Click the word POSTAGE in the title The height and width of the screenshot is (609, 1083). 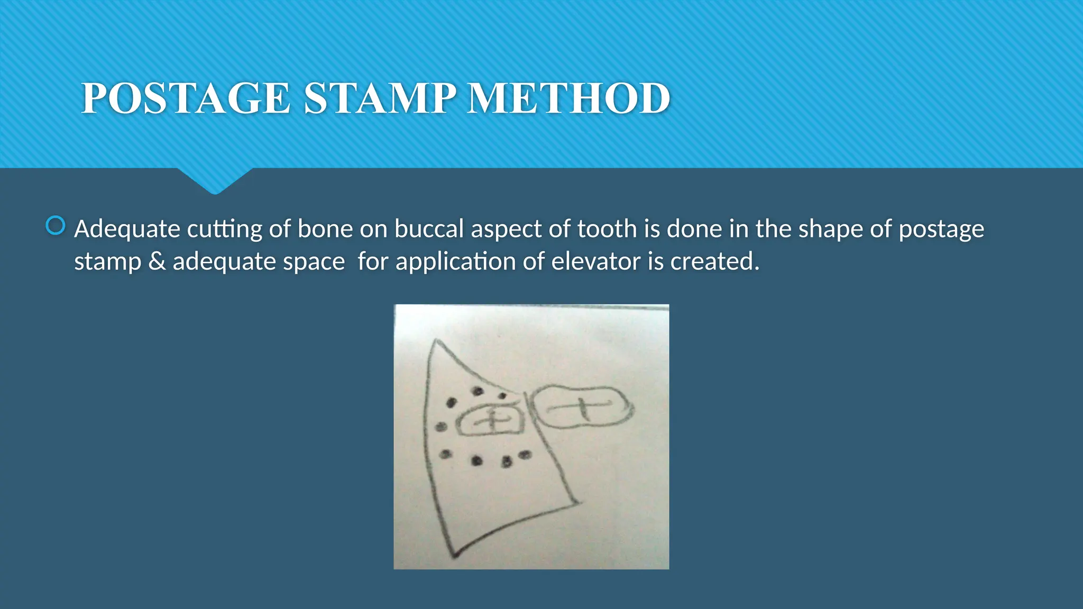pyautogui.click(x=186, y=99)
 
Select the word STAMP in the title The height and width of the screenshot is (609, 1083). pyautogui.click(x=380, y=99)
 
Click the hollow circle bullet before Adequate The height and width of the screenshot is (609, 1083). pyautogui.click(x=56, y=226)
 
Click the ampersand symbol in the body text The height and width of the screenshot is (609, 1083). pyautogui.click(x=157, y=262)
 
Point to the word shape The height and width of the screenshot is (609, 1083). pyautogui.click(x=830, y=229)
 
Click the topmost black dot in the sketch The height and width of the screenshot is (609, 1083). pyautogui.click(x=478, y=391)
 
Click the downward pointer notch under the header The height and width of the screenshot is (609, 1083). pyautogui.click(x=215, y=182)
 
